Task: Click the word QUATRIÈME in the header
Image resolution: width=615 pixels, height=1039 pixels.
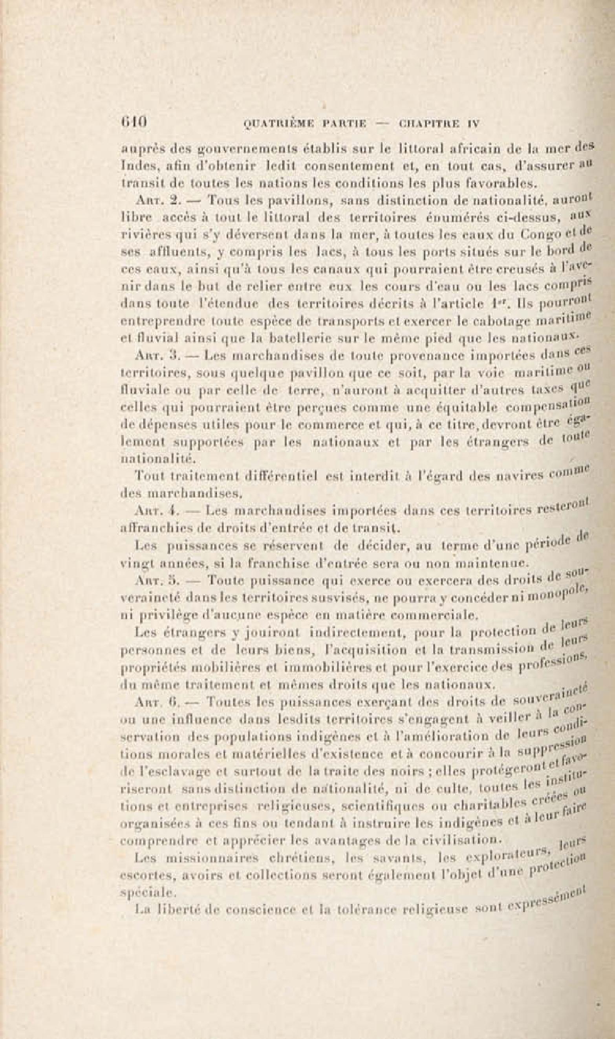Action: [x=277, y=123]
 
